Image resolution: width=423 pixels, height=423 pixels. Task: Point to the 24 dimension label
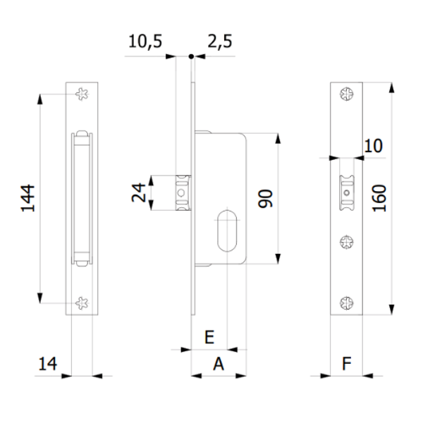tap(141, 193)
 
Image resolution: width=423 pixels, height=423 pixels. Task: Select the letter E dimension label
tap(209, 338)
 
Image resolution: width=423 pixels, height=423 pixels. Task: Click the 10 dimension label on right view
tap(374, 146)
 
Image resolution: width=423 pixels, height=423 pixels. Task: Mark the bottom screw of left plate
tap(82, 303)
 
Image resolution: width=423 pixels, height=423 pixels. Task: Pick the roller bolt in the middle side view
tap(183, 192)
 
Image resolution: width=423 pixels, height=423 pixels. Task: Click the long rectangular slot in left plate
tap(82, 198)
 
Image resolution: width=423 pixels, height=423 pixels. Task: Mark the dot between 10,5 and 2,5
tap(190, 56)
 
